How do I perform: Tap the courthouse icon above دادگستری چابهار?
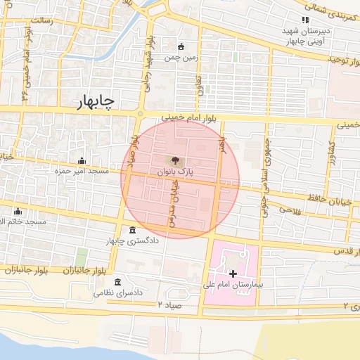(133, 231)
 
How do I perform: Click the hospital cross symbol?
(232, 273)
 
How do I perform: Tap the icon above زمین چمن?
(181, 47)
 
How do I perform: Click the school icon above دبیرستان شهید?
(304, 20)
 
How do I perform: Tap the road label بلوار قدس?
(345, 251)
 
